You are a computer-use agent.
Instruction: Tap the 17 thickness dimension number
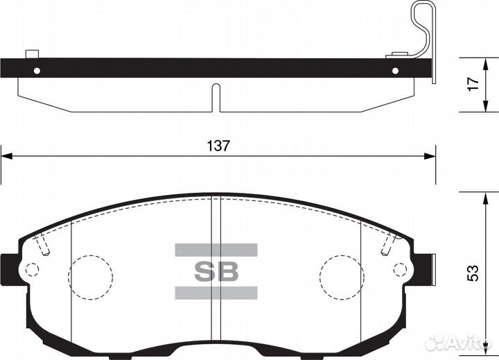point(473,84)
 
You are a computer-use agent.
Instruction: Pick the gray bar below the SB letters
point(216,292)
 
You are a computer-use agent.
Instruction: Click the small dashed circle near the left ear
point(31,268)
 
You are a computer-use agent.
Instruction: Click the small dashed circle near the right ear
point(400,269)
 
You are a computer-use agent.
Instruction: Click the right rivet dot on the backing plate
point(396,70)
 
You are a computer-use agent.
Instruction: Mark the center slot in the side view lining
point(216,97)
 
